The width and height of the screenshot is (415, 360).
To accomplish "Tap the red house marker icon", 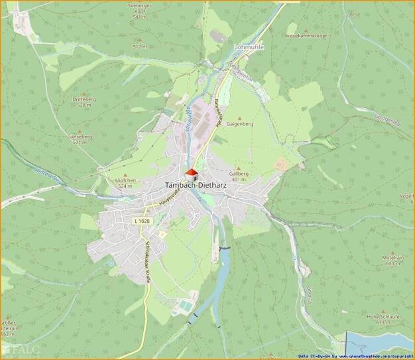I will pos(192,174).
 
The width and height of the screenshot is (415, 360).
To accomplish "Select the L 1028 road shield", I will pos(141,221).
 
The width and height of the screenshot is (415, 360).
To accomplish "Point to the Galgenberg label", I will pos(240,124).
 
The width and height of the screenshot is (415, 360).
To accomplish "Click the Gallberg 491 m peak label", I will pos(239,176).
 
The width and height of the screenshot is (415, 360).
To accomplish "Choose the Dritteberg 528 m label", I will pos(84,101).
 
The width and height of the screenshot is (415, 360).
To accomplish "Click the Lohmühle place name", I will pos(249,48).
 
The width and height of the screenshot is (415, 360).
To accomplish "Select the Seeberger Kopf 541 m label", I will pos(139,11).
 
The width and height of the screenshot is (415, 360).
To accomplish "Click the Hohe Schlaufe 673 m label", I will pos(382,319).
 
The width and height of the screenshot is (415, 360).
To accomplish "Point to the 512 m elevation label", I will pos(139,47).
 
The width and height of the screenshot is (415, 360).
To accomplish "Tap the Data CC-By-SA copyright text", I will pos(355,356).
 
